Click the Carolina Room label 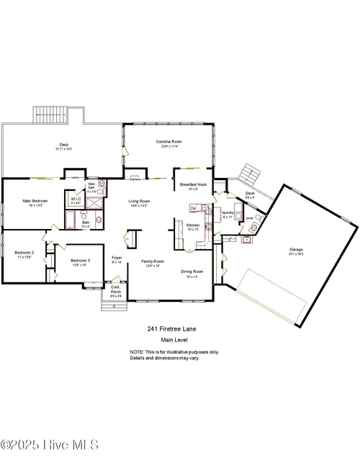pyautogui.click(x=169, y=142)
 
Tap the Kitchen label pyautogui.click(x=193, y=225)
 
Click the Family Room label pyautogui.click(x=152, y=261)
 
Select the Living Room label pyautogui.click(x=139, y=201)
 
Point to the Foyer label pyautogui.click(x=117, y=257)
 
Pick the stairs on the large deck pyautogui.click(x=50, y=115)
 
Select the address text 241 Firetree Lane pyautogui.click(x=171, y=328)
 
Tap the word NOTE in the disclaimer pyautogui.click(x=137, y=351)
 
